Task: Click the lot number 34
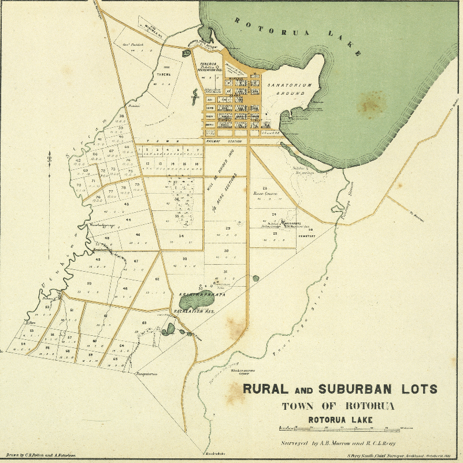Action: tap(182, 236)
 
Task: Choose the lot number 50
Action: tap(89, 284)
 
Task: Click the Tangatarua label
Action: tap(146, 374)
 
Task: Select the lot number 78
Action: tap(137, 184)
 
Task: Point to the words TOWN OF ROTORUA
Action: tap(338, 406)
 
